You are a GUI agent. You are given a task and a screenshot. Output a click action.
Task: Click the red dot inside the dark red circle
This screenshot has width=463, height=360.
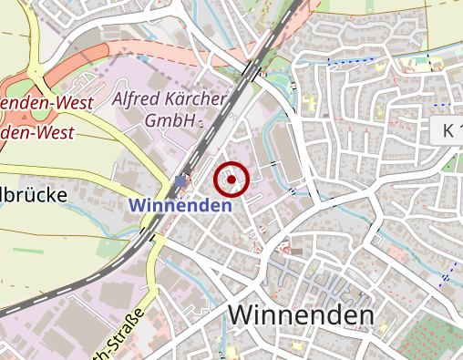tap(231, 180)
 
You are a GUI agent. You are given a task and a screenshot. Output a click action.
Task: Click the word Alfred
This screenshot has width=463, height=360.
tap(139, 98)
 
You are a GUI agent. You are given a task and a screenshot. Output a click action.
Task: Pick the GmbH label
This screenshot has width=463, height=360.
tap(170, 119)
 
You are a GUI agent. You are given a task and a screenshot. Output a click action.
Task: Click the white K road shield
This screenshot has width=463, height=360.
tap(447, 129)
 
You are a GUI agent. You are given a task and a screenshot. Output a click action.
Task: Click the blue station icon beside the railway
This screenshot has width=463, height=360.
tap(180, 182)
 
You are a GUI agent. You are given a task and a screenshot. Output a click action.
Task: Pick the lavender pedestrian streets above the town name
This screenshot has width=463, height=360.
tap(319, 290)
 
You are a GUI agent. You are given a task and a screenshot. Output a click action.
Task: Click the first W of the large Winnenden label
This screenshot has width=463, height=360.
tap(241, 314)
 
